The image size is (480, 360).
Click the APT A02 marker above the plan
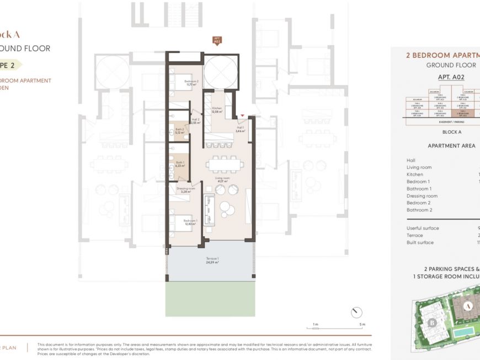[x=217, y=40]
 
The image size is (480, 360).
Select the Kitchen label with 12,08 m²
[x=217, y=110]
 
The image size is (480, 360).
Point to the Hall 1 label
[x=239, y=130]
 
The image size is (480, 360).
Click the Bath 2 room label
[x=179, y=131]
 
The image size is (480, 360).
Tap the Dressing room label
[x=186, y=190]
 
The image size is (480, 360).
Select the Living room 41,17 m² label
[x=223, y=180]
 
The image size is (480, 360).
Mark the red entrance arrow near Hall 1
[x=242, y=115]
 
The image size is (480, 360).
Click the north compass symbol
[x=356, y=312]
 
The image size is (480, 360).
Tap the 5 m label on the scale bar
[x=362, y=325]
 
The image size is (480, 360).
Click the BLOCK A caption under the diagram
[x=452, y=132]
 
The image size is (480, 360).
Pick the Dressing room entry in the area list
[x=422, y=196]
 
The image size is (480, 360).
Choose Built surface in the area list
[x=420, y=242]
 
